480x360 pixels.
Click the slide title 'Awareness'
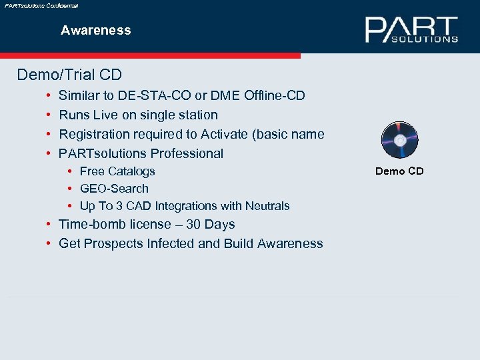[96, 30]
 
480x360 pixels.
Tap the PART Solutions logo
[411, 30]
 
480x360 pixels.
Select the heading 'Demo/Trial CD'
[69, 74]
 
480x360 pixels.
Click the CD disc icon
[399, 140]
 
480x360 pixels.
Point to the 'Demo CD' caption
[399, 171]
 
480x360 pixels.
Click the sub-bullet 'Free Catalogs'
[117, 171]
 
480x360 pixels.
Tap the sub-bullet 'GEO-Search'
[114, 189]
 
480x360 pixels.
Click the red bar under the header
[150, 56]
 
